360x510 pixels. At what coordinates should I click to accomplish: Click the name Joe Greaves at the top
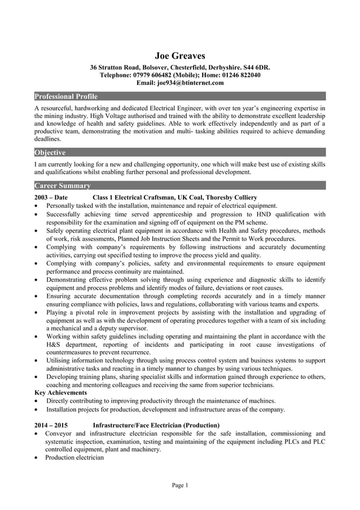coord(180,55)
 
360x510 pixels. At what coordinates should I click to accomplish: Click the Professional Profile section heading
coord(66,97)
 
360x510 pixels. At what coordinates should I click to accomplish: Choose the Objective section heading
coord(50,152)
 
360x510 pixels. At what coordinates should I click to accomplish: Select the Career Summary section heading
coord(63,185)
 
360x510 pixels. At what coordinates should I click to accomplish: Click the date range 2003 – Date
coord(51,198)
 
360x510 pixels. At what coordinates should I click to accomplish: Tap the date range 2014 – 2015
coord(51,425)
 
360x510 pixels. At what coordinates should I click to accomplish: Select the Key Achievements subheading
coord(61,393)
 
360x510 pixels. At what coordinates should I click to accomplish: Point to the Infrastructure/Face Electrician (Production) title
coord(156,425)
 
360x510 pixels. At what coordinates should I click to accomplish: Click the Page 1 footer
coord(180,486)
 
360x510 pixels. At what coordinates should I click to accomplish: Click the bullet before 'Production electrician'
coord(37,458)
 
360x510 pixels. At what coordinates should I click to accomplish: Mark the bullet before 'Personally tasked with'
coord(37,206)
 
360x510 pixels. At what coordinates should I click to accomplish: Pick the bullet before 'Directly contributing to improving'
coord(37,401)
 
